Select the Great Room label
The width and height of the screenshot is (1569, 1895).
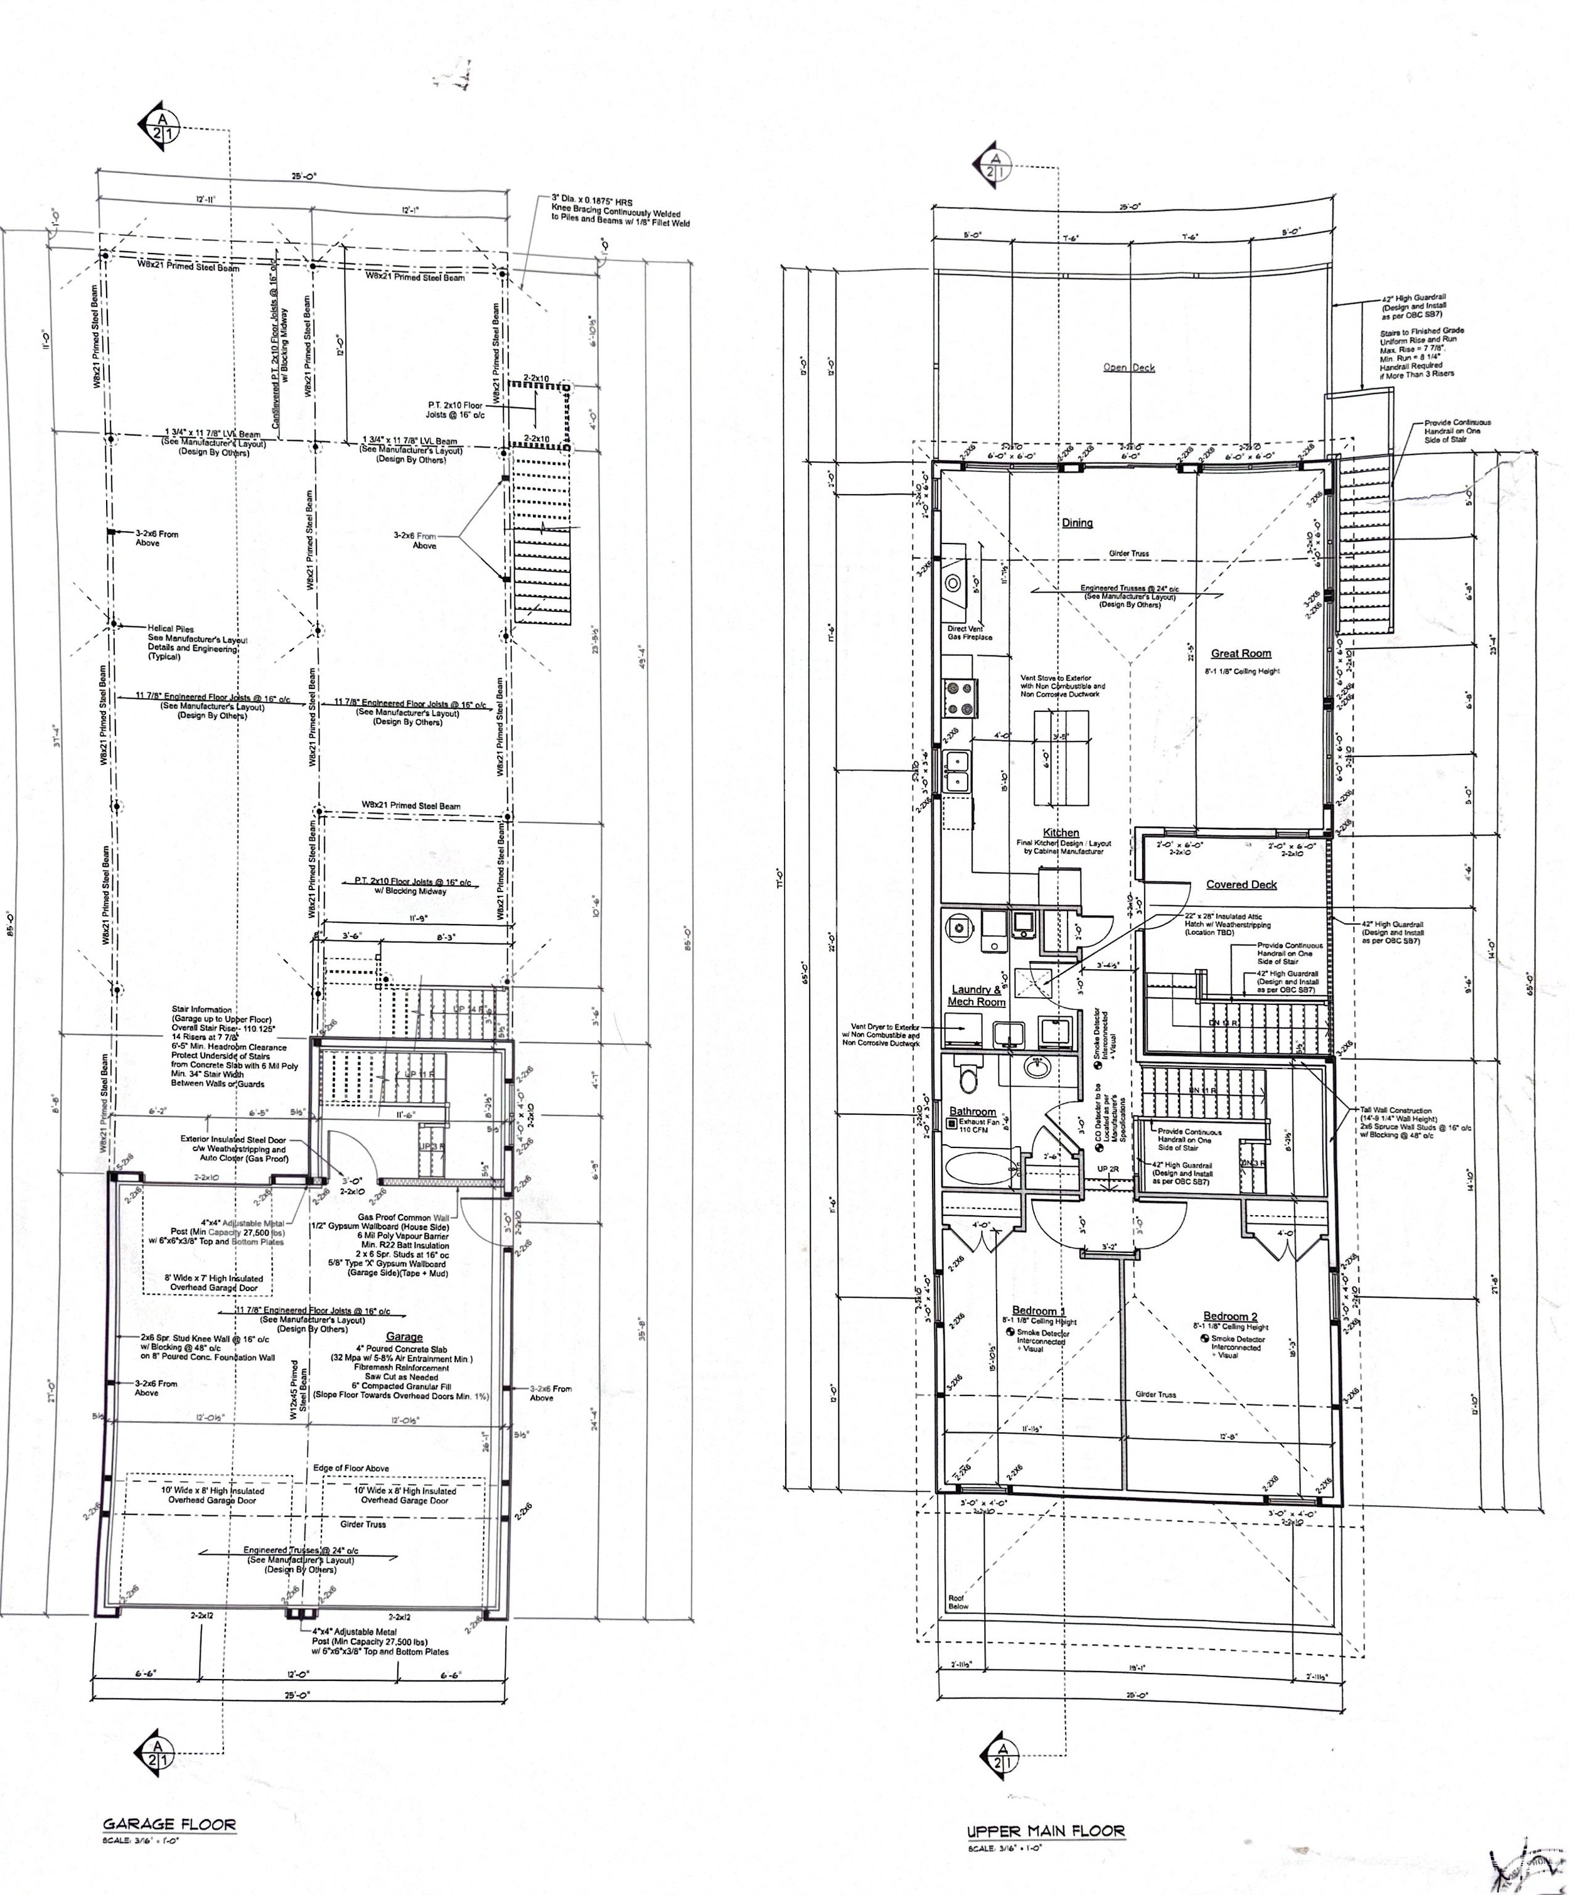pyautogui.click(x=1241, y=653)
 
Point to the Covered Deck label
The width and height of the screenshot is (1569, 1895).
pyautogui.click(x=1241, y=884)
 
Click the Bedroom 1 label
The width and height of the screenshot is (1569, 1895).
pyautogui.click(x=1039, y=1310)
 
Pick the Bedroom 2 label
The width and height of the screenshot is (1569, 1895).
pyautogui.click(x=1229, y=1316)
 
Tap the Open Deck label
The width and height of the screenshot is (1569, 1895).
pyautogui.click(x=1128, y=367)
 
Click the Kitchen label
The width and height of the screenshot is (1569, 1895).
pyautogui.click(x=1061, y=832)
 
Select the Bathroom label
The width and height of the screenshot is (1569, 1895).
pyautogui.click(x=973, y=1112)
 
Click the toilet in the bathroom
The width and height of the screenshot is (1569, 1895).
pyautogui.click(x=968, y=1076)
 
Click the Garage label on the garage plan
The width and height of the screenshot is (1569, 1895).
pyautogui.click(x=404, y=1336)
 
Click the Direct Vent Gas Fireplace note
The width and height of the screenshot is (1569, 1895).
pyautogui.click(x=970, y=633)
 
